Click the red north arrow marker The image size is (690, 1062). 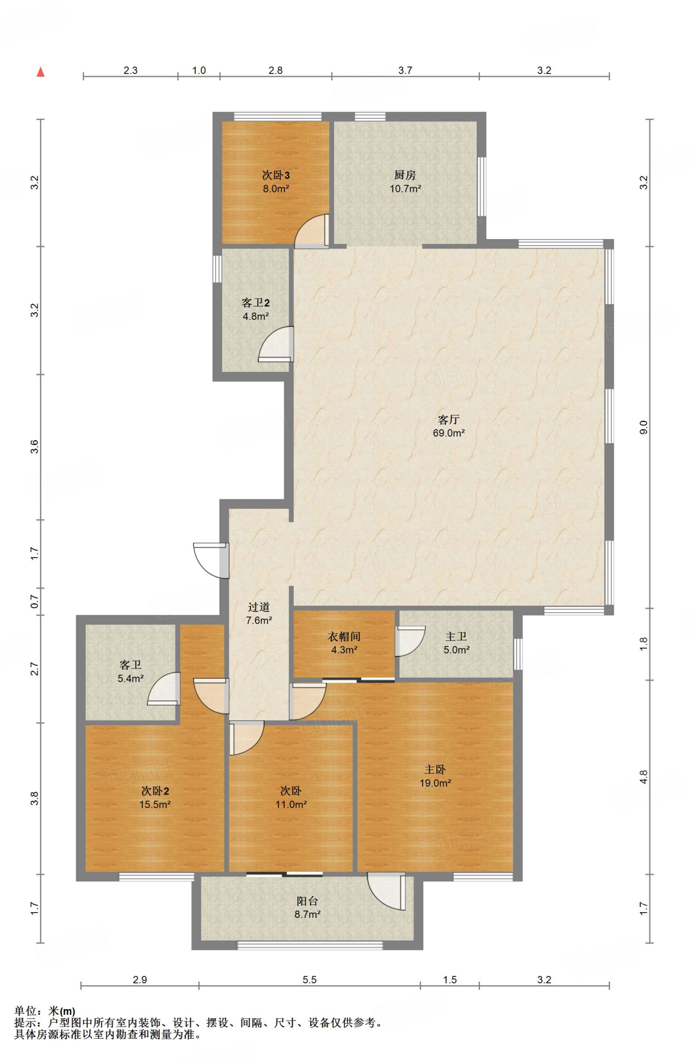tap(40, 72)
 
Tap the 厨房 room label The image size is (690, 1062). tap(405, 175)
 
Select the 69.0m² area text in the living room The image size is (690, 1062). tap(449, 433)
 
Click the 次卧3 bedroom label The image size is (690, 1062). tap(275, 175)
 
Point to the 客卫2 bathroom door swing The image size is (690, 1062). tap(277, 344)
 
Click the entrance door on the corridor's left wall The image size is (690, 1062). tap(211, 560)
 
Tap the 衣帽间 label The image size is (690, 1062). tap(344, 637)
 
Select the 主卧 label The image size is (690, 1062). tap(435, 770)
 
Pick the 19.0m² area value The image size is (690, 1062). tap(435, 783)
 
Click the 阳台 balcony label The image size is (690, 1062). tap(307, 901)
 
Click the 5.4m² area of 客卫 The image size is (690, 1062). tap(130, 678)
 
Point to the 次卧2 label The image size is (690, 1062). tap(155, 791)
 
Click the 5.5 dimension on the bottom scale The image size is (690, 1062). tap(310, 980)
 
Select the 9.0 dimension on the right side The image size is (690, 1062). tap(644, 427)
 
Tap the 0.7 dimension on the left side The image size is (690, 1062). tap(35, 602)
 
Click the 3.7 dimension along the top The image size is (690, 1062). tap(405, 71)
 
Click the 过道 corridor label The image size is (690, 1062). tap(259, 607)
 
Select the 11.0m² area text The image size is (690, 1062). tap(291, 804)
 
